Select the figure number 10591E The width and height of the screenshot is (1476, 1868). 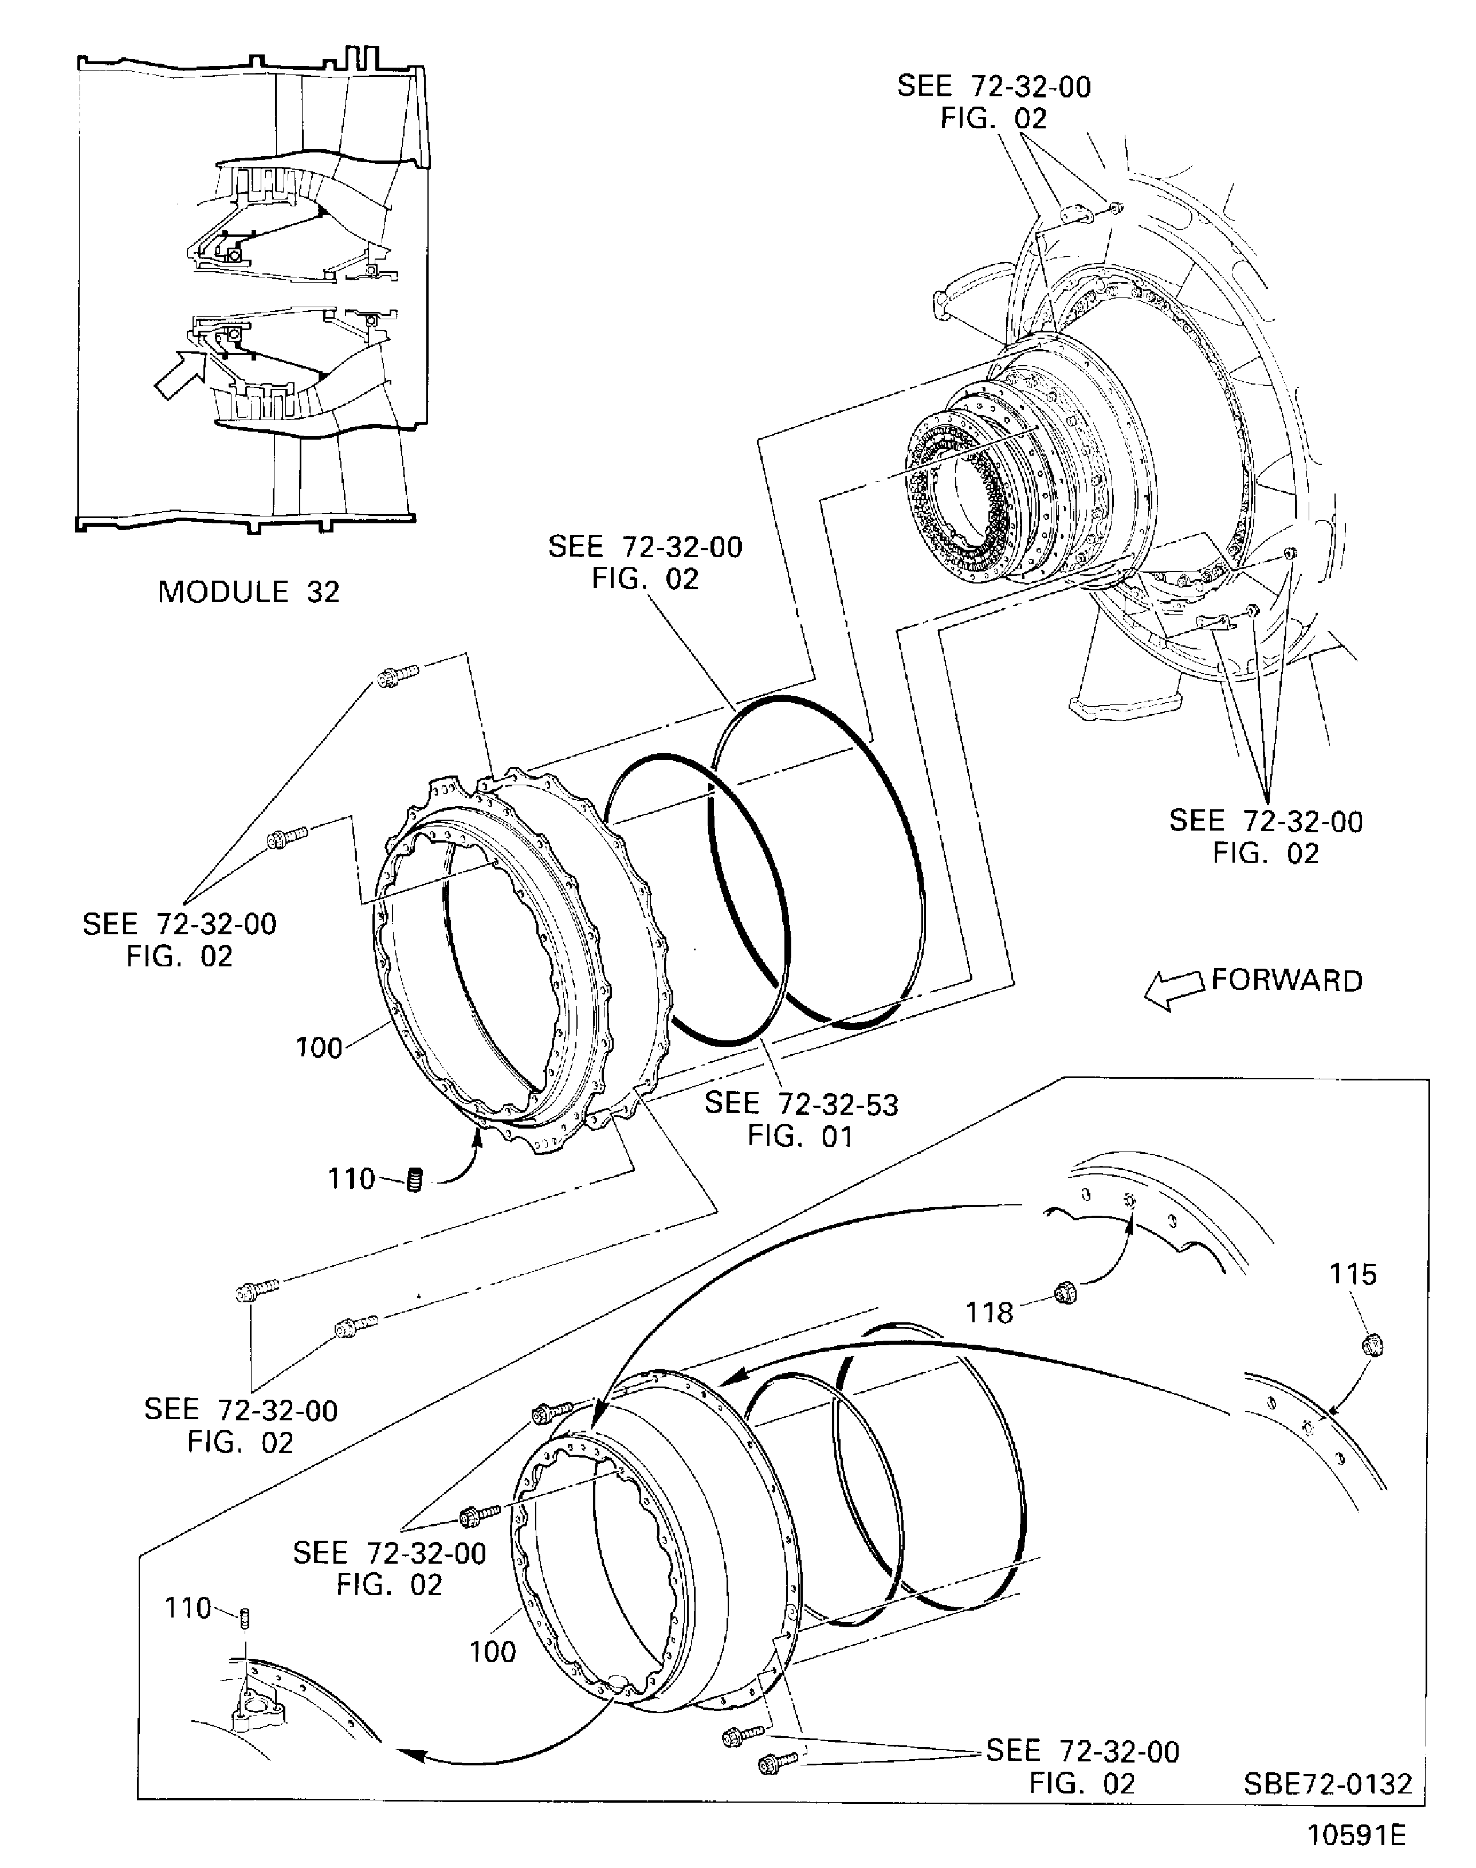[1357, 1835]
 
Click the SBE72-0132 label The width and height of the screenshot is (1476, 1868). [1328, 1783]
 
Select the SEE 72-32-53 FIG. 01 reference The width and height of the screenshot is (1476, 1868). [801, 1119]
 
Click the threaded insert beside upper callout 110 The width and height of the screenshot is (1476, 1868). [415, 1179]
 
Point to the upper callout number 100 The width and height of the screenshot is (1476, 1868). [319, 1048]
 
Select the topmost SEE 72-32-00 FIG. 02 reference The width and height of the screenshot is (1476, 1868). [994, 102]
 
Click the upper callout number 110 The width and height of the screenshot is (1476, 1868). [351, 1179]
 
